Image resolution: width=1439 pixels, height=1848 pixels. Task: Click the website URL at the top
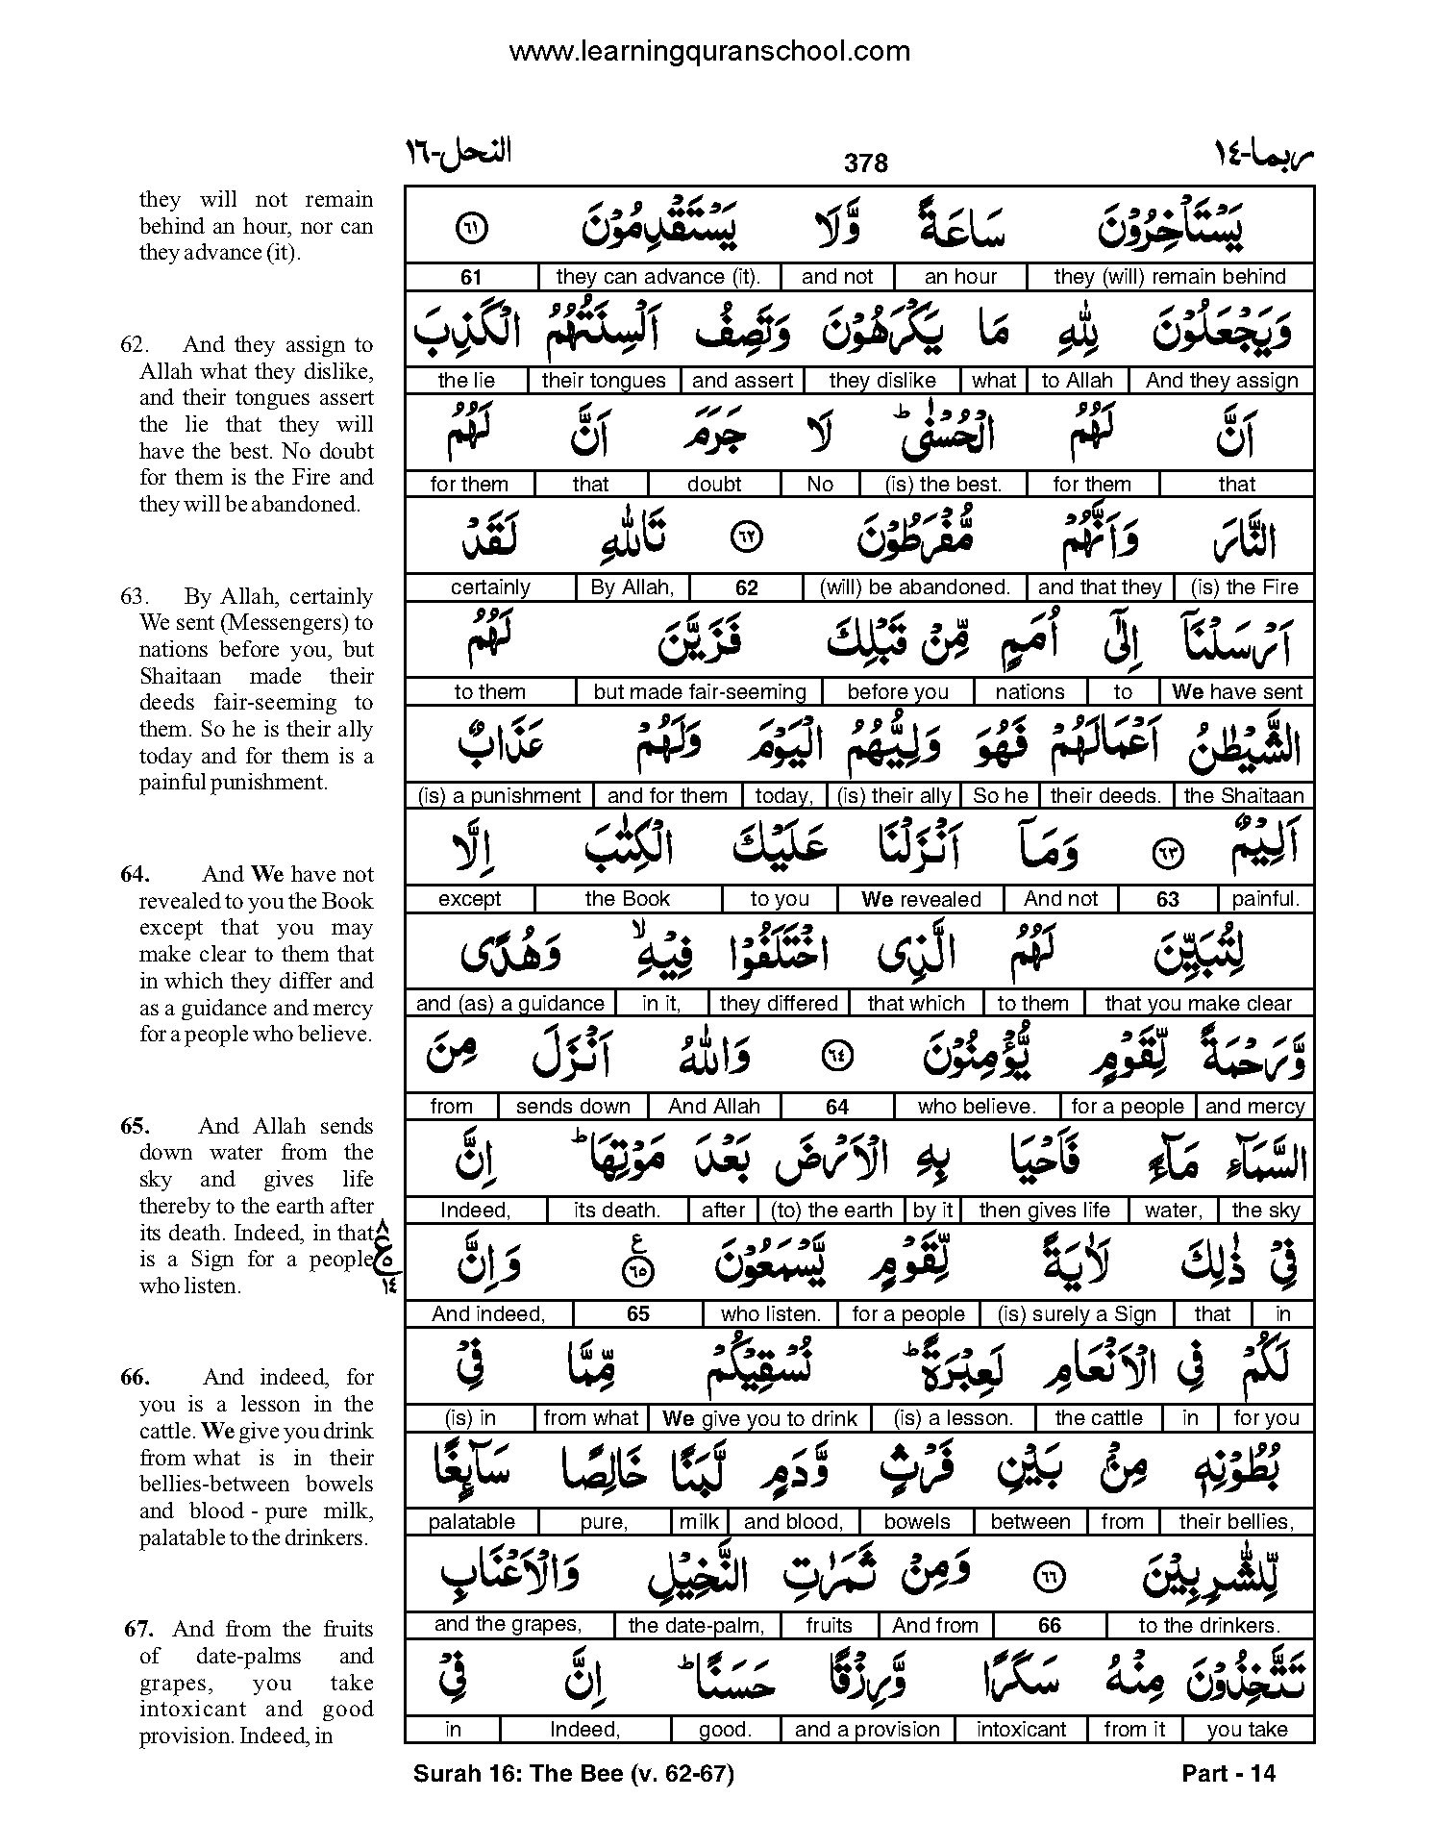[709, 50]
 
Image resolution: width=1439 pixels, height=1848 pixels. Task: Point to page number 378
[865, 163]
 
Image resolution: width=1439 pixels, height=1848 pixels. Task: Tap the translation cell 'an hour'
[960, 277]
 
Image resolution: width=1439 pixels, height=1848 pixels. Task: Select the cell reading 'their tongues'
[603, 381]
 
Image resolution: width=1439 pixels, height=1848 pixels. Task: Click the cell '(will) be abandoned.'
[914, 587]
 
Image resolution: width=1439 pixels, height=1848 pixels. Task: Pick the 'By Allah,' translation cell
[633, 587]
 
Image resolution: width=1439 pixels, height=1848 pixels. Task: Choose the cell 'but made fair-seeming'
[699, 692]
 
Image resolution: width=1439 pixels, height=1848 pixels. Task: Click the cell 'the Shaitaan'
[1244, 796]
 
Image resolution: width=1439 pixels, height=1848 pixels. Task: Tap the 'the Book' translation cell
[627, 899]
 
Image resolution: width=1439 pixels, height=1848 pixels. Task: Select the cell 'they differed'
[779, 1004]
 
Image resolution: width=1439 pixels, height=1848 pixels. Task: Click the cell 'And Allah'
[713, 1107]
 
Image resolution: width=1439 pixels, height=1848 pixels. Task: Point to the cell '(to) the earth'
[831, 1211]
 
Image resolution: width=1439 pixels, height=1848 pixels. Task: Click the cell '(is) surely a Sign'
[1077, 1314]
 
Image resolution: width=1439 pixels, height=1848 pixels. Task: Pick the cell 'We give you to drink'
[759, 1418]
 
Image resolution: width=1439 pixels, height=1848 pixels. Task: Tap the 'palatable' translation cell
[471, 1522]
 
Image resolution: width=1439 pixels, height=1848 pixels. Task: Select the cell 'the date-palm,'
[696, 1626]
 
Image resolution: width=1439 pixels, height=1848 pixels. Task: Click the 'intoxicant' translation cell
[1021, 1730]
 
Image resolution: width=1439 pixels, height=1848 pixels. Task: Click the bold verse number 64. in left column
[135, 874]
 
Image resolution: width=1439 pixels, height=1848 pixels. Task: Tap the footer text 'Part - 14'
[1228, 1774]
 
